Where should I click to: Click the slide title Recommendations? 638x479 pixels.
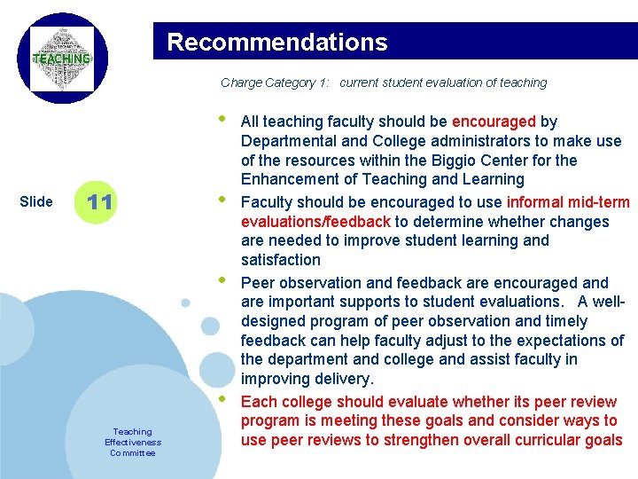click(x=277, y=43)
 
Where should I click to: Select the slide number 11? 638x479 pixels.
click(x=100, y=202)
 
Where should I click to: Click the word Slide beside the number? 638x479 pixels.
click(x=35, y=201)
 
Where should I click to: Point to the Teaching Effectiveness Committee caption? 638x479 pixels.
click(x=133, y=442)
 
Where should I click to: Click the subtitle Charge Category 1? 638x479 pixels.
click(x=276, y=82)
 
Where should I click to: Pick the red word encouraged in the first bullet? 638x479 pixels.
click(x=494, y=122)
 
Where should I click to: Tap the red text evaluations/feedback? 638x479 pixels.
click(x=315, y=222)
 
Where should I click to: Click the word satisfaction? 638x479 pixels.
click(x=280, y=260)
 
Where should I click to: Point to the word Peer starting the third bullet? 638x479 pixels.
click(x=258, y=283)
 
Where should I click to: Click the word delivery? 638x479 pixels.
click(x=345, y=379)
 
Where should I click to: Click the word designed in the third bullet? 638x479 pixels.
click(x=271, y=321)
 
